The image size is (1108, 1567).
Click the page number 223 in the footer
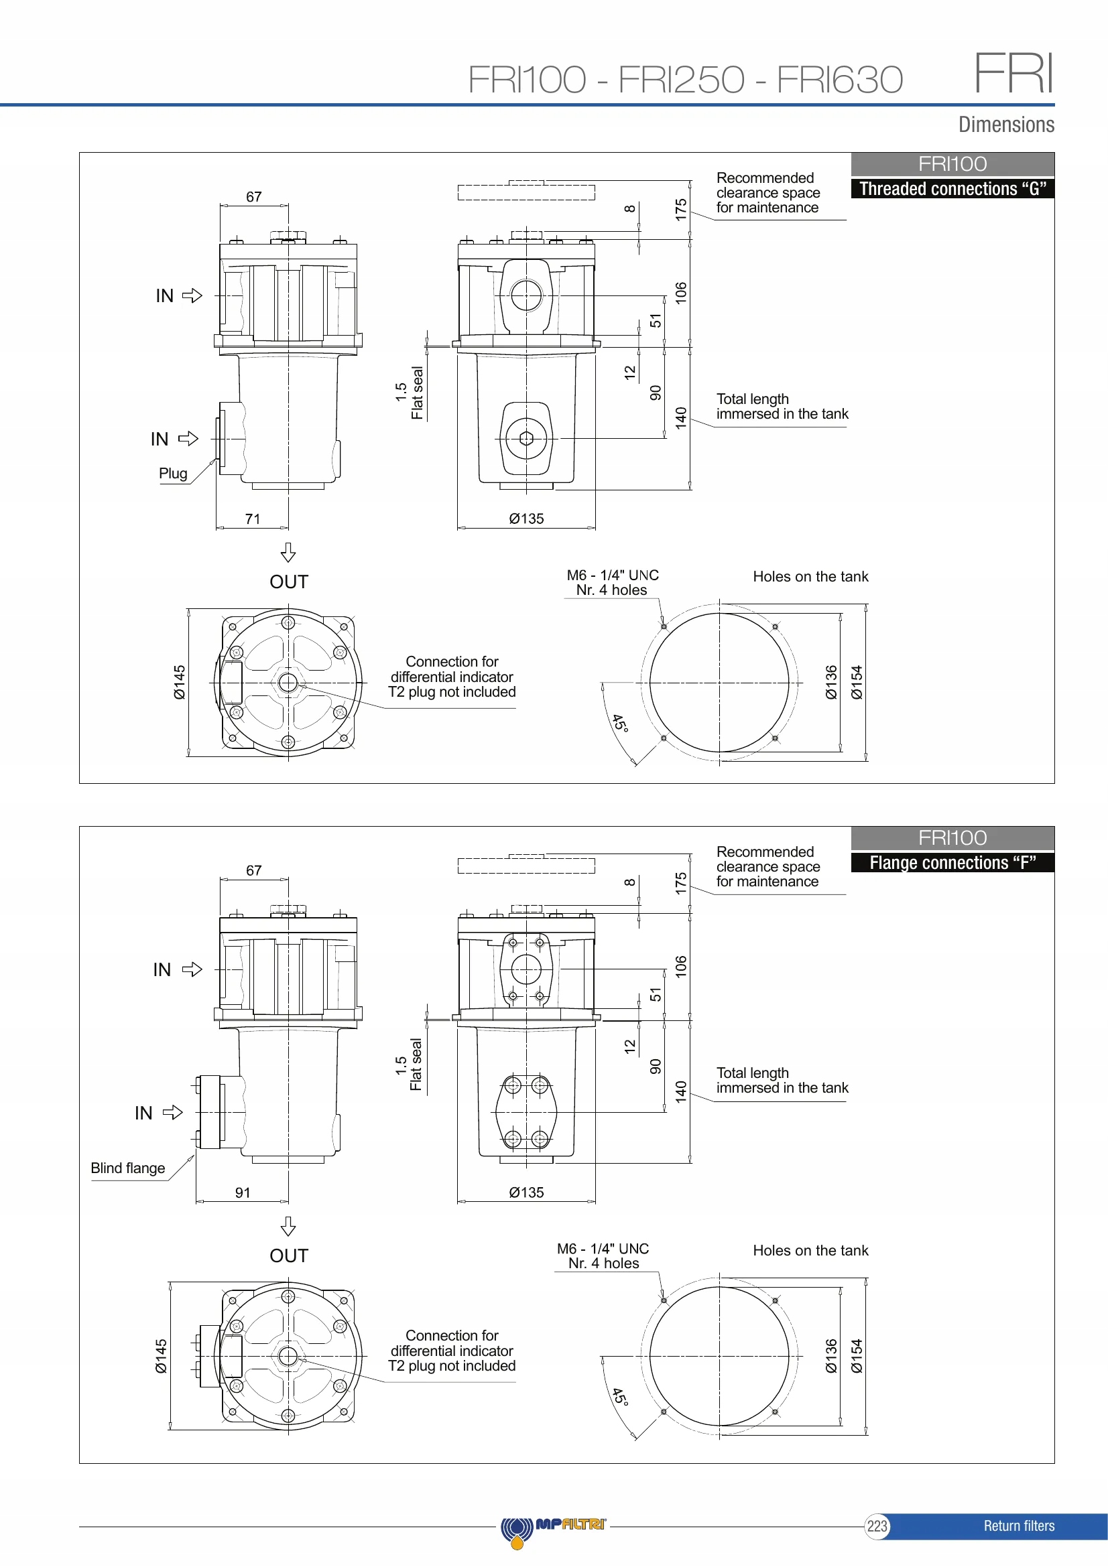[877, 1526]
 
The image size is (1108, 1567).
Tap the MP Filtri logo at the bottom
[553, 1529]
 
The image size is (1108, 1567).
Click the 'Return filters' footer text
[1019, 1526]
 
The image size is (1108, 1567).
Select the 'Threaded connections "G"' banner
[952, 189]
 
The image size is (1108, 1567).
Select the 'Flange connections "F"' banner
[952, 863]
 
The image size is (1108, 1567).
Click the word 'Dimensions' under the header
[1006, 124]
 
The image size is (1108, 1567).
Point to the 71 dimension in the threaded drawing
[253, 519]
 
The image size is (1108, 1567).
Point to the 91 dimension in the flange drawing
[243, 1193]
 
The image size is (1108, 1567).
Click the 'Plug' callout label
[173, 473]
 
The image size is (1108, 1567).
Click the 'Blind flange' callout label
[127, 1168]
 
